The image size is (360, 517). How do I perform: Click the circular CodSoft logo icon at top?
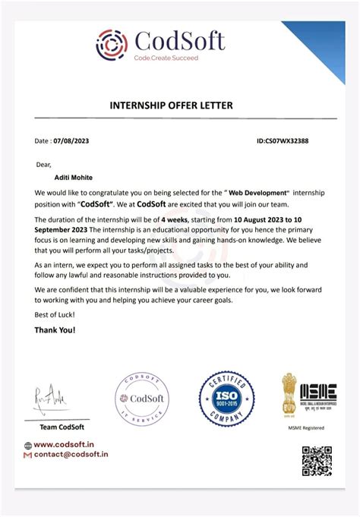point(112,44)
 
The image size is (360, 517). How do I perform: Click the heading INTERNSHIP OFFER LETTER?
point(179,106)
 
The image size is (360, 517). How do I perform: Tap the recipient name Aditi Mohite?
point(66,175)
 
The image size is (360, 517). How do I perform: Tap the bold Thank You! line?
point(55,330)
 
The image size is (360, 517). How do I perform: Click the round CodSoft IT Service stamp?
point(142,400)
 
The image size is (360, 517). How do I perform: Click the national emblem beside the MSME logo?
point(289,393)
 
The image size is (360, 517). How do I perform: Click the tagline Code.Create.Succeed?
point(166,58)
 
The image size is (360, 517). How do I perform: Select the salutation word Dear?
point(43,163)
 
